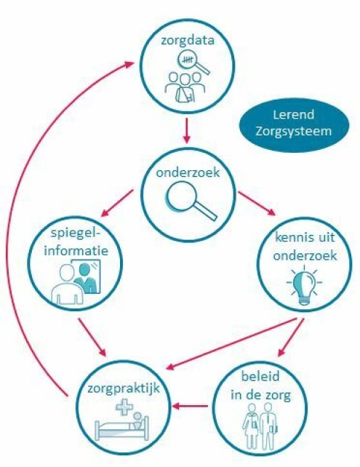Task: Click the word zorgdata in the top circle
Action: pos(188,40)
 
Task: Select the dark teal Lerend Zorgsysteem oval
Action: pos(294,123)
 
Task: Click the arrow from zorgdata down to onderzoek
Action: pos(187,131)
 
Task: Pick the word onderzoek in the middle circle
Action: pos(188,172)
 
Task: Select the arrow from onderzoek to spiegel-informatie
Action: pos(117,204)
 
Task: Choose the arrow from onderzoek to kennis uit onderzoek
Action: pos(257,203)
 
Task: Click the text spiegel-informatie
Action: pos(76,242)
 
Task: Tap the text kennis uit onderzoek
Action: pos(305,247)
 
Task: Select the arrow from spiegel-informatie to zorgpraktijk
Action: pos(92,338)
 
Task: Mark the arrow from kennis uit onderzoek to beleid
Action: pos(291,338)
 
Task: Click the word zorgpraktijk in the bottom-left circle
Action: pos(124,388)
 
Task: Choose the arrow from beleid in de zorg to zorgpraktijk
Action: pos(190,406)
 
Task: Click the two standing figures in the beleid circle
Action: pos(260,426)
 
